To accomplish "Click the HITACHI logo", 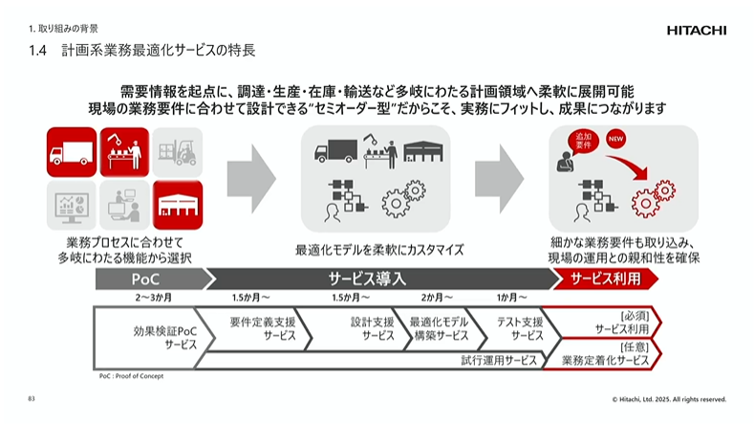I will (696, 30).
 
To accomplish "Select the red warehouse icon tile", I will (178, 203).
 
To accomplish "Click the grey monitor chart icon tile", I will (71, 203).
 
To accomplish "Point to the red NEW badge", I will (615, 141).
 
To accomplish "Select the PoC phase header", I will (151, 279).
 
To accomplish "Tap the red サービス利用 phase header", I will (609, 279).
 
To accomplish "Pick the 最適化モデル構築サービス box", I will (440, 329).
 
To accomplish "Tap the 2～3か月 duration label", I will (152, 298).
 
